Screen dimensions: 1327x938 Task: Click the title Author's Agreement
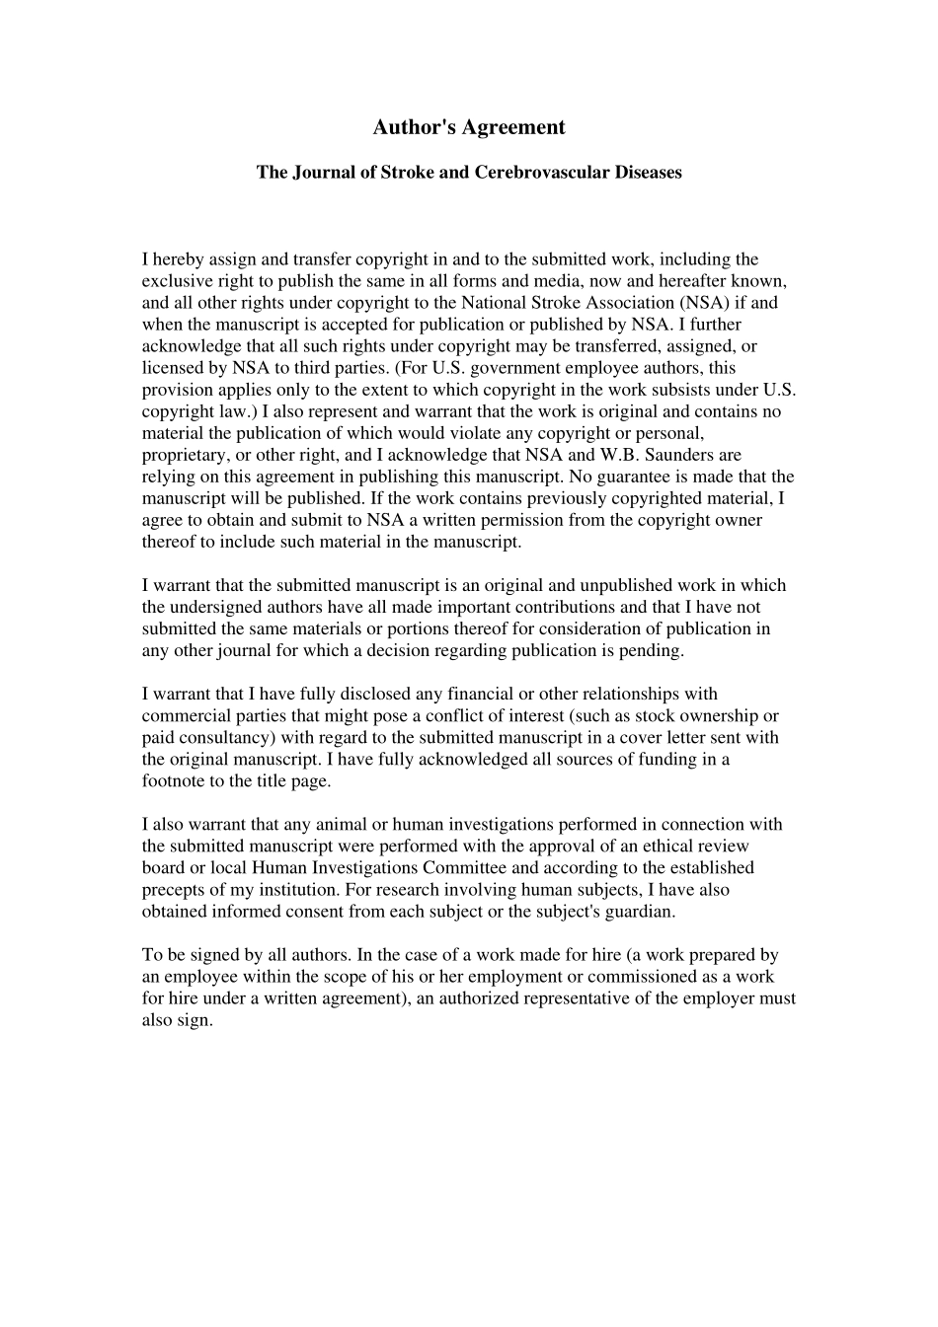tap(469, 127)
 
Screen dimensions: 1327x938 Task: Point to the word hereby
tap(177, 259)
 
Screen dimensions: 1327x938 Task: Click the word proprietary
tap(184, 455)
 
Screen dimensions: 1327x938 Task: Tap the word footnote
tap(175, 780)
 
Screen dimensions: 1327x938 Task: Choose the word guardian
tap(640, 911)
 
